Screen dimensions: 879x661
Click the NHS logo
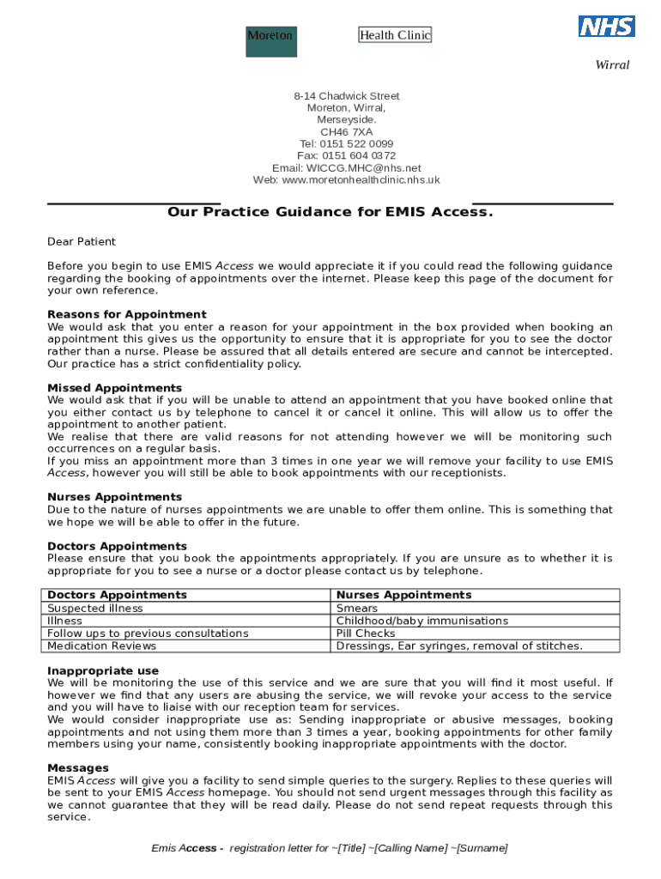pos(607,27)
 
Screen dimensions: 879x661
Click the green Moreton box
pos(270,41)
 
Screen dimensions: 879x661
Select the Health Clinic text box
pos(395,35)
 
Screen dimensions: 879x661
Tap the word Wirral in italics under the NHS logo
pos(612,65)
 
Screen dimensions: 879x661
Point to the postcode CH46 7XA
pos(346,132)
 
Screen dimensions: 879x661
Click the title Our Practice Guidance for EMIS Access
pos(330,212)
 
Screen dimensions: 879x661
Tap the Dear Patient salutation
pos(82,242)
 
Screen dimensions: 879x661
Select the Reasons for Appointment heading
pos(126,315)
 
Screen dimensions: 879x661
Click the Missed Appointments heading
pos(114,389)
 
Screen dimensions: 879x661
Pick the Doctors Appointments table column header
pos(117,595)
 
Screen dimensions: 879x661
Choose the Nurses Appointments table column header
pos(403,595)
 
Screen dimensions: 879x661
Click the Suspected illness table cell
pos(95,609)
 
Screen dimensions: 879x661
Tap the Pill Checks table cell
pos(366,633)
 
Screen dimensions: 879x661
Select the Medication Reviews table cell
pos(102,646)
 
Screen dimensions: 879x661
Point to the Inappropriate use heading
pos(103,671)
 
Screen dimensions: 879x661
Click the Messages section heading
pos(77,768)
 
